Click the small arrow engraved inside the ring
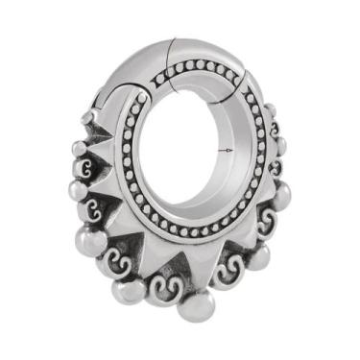[227, 151]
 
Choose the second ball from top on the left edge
[79, 149]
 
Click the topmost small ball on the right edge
[272, 110]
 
